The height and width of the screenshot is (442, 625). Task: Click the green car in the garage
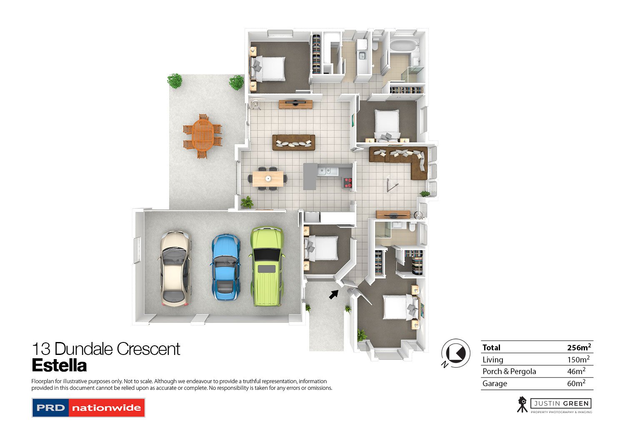pos(267,267)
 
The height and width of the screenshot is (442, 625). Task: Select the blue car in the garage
pos(225,267)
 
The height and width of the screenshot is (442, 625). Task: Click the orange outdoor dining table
pos(202,136)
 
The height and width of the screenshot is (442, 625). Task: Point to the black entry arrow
pos(333,294)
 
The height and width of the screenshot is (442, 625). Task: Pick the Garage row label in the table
pos(495,383)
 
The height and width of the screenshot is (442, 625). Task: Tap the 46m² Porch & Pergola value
pos(576,371)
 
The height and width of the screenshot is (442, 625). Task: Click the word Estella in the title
pos(59,366)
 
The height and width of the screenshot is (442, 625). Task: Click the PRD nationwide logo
pos(88,408)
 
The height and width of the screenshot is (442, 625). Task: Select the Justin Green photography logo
pos(554,405)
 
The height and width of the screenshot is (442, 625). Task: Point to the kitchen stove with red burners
pos(347,182)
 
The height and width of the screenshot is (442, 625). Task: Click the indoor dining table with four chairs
pos(268,179)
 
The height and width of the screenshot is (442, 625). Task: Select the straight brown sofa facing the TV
pos(294,142)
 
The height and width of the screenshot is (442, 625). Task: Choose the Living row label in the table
pos(492,360)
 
